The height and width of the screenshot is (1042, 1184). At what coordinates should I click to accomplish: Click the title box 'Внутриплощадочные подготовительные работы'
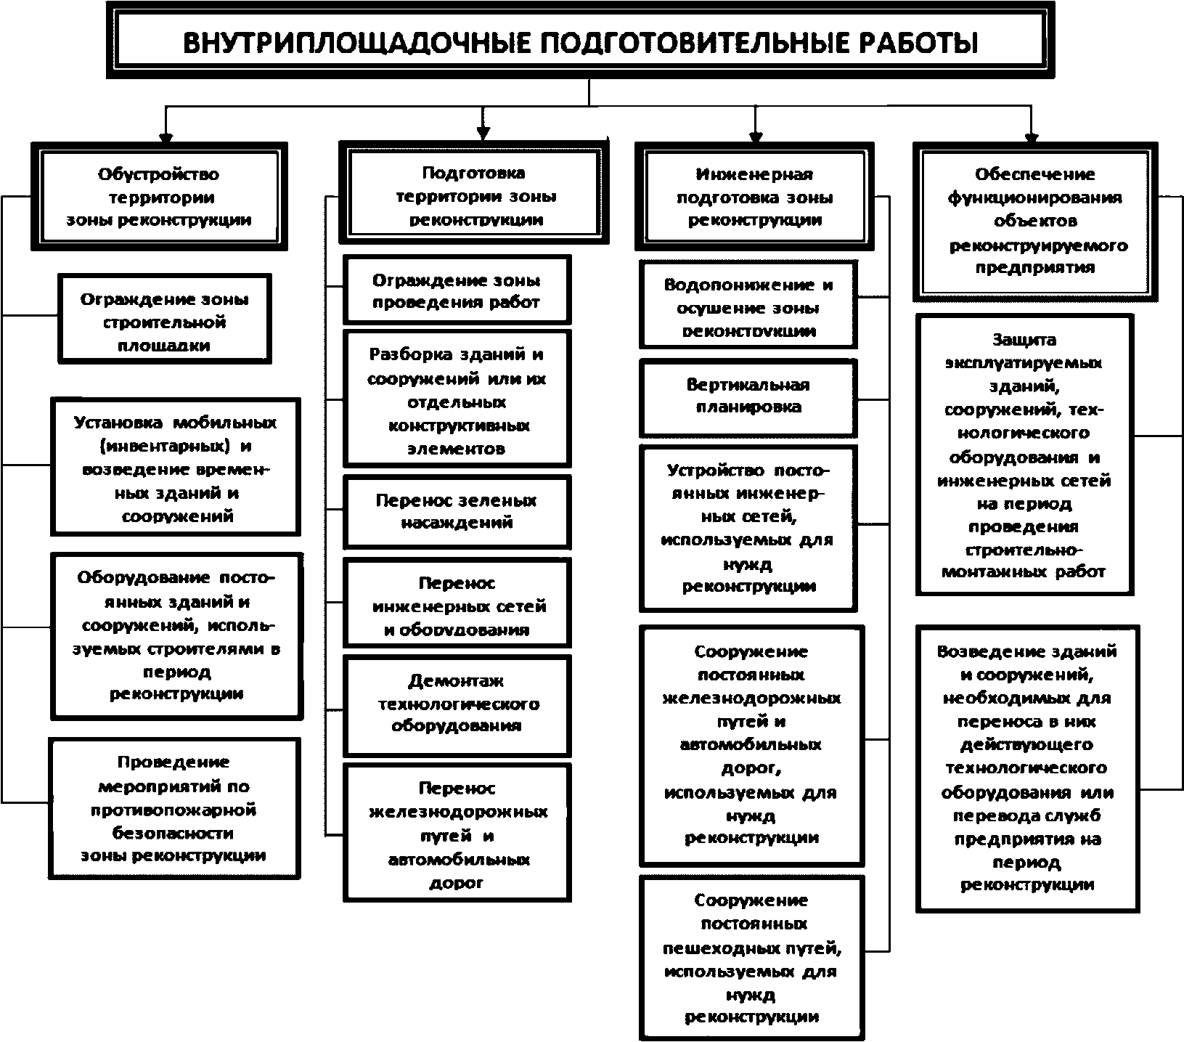pos(579,41)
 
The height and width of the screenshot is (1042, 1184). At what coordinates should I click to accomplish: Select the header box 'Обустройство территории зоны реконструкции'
pos(159,197)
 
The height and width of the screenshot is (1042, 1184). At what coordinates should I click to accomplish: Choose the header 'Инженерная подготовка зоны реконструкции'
pos(754,197)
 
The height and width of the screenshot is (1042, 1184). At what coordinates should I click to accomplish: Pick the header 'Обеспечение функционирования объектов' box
pos(1034,221)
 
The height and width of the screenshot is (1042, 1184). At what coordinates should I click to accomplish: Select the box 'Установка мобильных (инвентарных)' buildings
pos(176,468)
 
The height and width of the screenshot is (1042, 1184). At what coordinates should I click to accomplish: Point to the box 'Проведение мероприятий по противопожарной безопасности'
pos(174,808)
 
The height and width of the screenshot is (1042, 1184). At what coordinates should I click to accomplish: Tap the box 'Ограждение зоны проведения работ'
pos(457,290)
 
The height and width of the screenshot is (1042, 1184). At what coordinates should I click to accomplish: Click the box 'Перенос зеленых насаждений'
pos(457,511)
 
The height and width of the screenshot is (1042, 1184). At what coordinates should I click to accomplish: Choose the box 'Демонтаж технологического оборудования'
pos(457,703)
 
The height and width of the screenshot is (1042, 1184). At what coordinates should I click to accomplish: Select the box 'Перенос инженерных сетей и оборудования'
pos(457,606)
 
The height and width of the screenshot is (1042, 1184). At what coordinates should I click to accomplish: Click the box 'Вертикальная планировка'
pos(748,396)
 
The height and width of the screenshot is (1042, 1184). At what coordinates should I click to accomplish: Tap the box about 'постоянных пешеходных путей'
pos(751,958)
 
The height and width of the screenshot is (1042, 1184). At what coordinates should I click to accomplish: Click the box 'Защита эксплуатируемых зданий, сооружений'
pos(1024,455)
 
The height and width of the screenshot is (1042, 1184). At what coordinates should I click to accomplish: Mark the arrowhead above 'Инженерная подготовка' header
pos(755,136)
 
